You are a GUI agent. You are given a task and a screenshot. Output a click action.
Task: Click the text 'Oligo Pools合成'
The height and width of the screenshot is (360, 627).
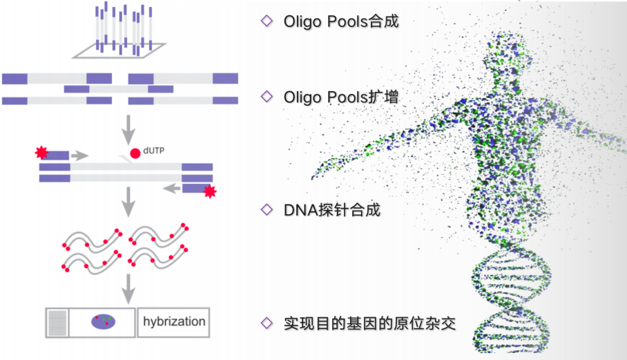[x=341, y=21]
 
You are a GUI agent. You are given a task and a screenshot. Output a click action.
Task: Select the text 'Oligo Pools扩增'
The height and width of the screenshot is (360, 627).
[x=341, y=97]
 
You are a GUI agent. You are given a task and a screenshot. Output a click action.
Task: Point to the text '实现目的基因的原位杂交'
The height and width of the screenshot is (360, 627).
[x=370, y=323]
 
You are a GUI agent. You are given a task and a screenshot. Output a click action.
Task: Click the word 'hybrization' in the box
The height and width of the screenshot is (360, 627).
[x=174, y=321]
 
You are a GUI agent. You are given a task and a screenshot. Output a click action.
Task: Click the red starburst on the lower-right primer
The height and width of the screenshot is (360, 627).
[x=209, y=191]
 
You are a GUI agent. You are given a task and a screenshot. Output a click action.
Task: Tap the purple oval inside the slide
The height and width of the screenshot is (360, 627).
[x=104, y=321]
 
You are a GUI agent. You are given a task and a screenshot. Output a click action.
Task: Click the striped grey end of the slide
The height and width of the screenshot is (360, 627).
[x=58, y=322]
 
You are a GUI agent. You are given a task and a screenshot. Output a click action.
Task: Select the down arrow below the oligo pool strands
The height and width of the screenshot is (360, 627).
[x=128, y=127]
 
